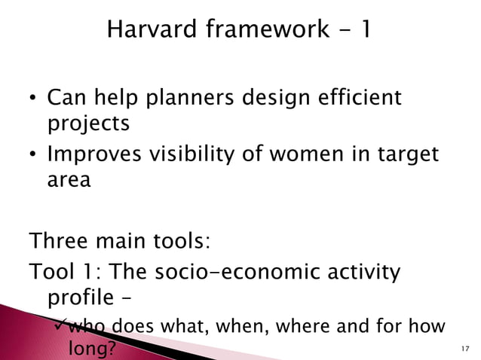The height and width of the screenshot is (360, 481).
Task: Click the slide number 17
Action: coord(464,349)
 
